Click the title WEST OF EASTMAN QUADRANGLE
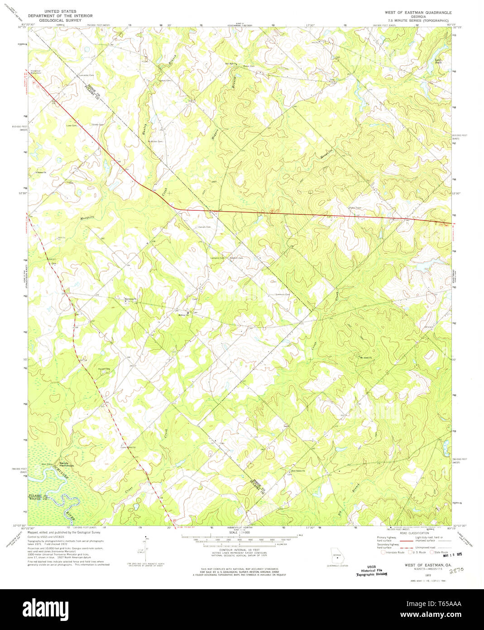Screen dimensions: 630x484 click(418, 13)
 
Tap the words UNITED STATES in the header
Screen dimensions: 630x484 click(57, 11)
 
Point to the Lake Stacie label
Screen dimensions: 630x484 click(438, 61)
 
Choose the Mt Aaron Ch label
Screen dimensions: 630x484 click(365, 358)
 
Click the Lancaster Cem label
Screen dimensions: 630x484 click(86, 75)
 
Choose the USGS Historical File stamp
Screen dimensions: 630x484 click(371, 570)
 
